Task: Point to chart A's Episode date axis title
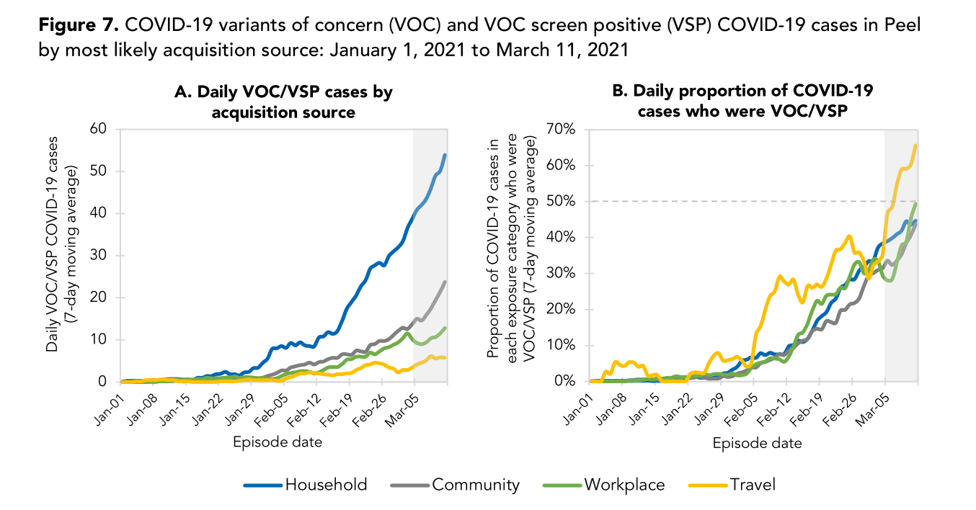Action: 277,442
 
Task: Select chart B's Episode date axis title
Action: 757,444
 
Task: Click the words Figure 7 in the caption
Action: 79,26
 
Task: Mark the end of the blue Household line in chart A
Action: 445,155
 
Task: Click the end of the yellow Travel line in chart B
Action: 915,146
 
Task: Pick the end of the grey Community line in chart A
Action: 445,282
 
